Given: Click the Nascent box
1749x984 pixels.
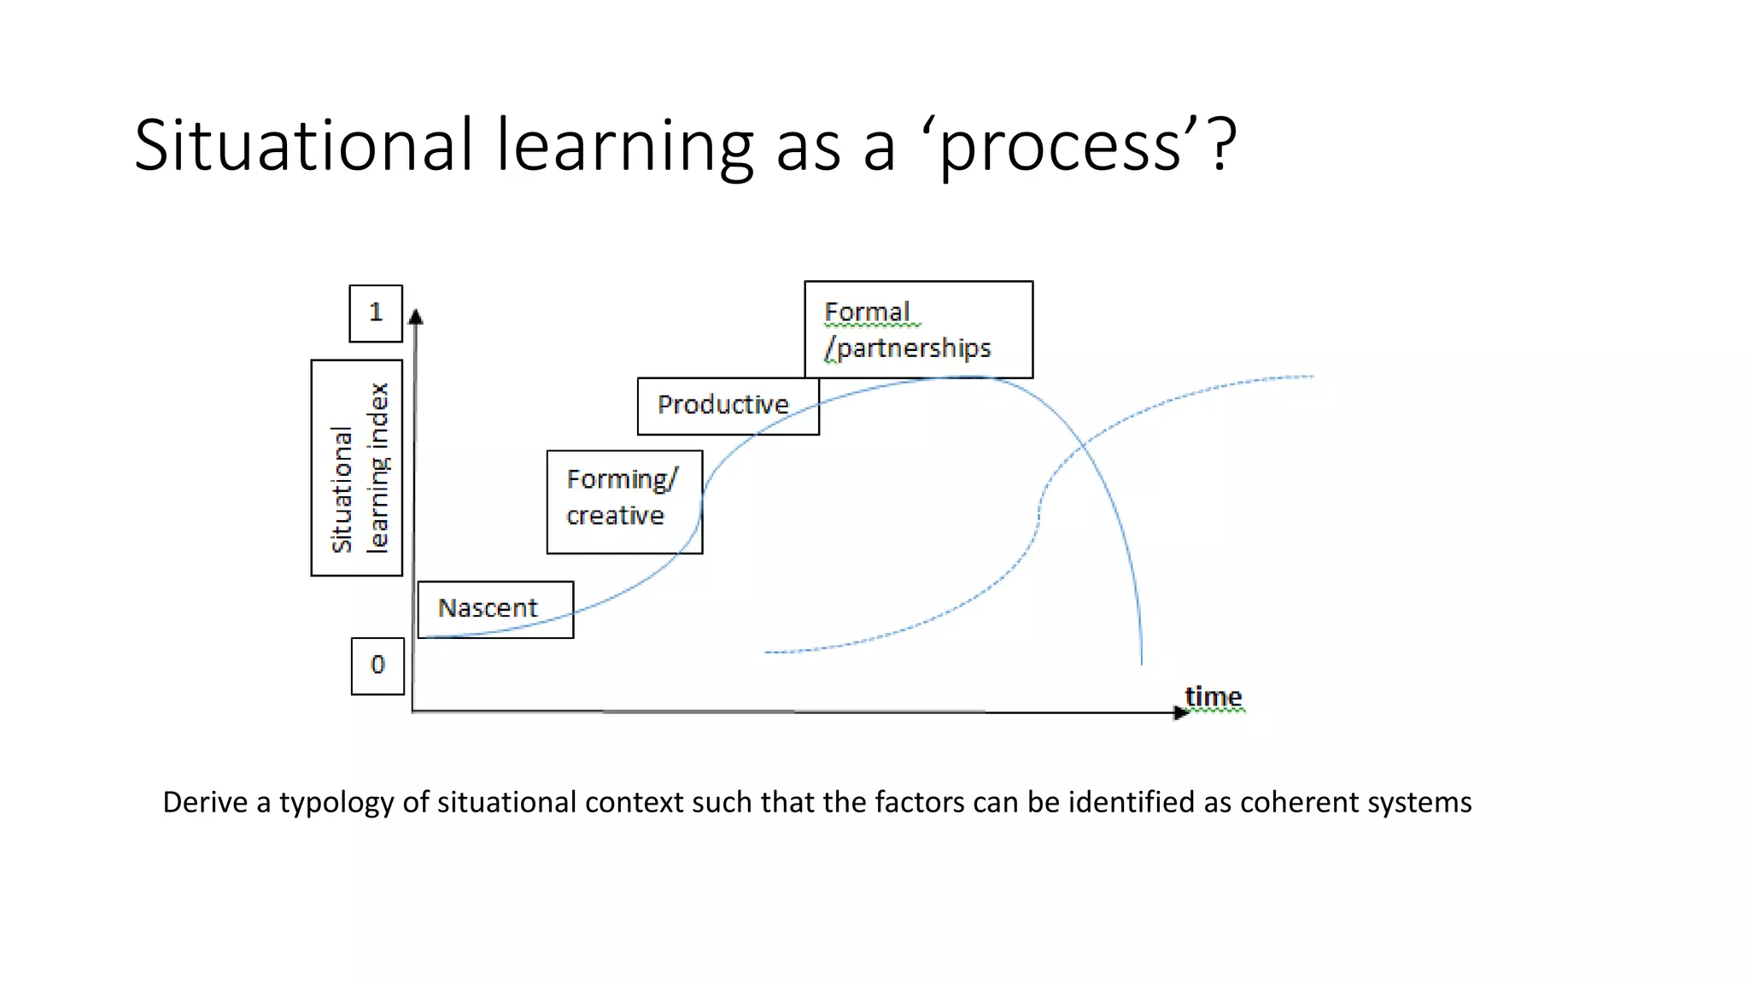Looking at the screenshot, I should pos(495,609).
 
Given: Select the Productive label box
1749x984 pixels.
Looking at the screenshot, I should pos(728,406).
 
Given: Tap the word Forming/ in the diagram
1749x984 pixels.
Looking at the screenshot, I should pos(622,479).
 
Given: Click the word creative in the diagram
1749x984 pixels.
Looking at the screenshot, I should pos(615,516).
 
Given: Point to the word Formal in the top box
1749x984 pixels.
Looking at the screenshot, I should pos(867,313).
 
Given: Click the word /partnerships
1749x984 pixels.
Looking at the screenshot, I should pos(908,348).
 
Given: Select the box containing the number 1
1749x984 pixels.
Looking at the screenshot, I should pos(376,313).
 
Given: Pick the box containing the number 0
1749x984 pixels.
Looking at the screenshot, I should pos(377,665).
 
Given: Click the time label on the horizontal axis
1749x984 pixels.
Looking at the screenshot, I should pos(1213,697).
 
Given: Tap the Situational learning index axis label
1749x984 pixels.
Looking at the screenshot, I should pos(357,468).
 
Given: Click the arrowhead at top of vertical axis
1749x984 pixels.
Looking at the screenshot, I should pos(416,317).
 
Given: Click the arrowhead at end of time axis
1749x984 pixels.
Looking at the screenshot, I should pos(1181,712).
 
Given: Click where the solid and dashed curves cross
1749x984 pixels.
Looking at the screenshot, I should pos(1084,445).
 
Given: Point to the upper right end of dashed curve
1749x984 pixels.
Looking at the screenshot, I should pos(1311,376).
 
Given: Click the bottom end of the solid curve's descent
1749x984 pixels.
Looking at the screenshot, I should pos(1142,662).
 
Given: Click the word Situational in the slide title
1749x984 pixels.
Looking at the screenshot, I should pos(303,145).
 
